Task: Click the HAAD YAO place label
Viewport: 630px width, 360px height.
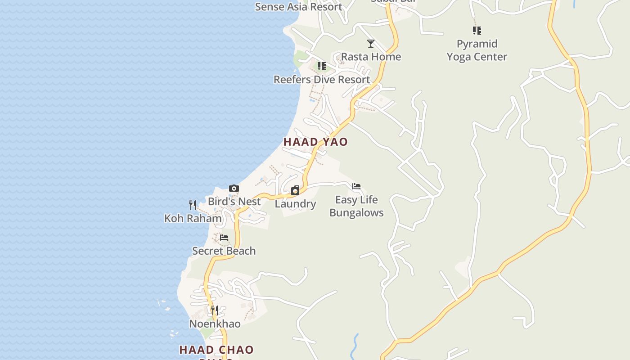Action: [315, 142]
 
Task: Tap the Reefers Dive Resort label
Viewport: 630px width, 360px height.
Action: [322, 80]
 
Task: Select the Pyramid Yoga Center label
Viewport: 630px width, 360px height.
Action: [477, 50]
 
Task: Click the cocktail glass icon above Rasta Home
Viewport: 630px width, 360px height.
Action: [371, 44]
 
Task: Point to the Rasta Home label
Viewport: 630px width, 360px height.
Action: [371, 57]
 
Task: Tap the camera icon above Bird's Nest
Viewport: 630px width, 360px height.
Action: [234, 189]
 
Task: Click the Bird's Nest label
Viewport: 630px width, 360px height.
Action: [234, 202]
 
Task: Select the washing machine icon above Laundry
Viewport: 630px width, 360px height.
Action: [295, 191]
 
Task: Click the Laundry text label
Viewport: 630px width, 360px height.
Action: [295, 204]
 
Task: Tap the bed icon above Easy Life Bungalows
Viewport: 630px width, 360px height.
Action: [356, 186]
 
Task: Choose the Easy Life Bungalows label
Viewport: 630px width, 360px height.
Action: [356, 206]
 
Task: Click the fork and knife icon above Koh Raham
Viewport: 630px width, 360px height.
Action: [193, 205]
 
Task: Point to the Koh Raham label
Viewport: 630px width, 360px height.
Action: [193, 219]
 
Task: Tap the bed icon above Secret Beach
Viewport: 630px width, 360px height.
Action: [224, 238]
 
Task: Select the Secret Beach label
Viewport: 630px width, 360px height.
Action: [224, 251]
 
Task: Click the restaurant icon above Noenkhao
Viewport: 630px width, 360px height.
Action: [215, 310]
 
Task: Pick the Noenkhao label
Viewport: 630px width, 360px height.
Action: [215, 324]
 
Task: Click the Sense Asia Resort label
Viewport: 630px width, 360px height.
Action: [299, 7]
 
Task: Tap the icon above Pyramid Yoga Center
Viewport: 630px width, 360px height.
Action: [477, 31]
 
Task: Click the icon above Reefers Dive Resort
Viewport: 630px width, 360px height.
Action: [322, 67]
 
